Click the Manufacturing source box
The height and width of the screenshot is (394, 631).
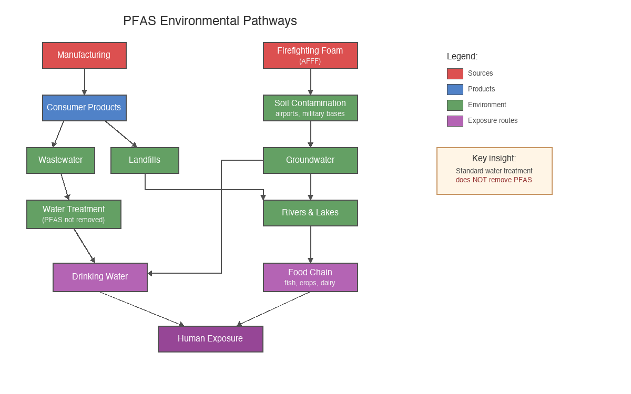84,55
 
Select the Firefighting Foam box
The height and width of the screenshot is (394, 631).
310,55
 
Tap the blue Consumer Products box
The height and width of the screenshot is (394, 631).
84,108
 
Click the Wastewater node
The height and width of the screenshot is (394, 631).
60,160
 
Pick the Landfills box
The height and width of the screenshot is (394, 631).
145,160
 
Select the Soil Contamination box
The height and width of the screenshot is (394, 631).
310,108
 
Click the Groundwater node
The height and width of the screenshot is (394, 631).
310,160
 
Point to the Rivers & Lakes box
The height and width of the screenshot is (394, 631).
310,213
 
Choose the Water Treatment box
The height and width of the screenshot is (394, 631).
74,214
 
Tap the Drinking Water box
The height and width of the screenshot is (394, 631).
100,277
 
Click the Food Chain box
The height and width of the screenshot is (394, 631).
310,277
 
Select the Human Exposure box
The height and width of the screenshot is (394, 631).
210,339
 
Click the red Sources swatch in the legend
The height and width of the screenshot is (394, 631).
455,74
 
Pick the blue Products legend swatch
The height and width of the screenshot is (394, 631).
455,89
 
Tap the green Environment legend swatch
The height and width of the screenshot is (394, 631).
455,105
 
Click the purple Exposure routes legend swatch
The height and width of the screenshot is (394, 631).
455,121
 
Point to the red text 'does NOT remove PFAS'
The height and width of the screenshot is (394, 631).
494,180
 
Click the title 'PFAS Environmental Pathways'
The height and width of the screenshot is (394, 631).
210,21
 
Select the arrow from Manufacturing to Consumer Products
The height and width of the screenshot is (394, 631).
84,81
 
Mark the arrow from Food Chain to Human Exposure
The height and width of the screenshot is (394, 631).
273,309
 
